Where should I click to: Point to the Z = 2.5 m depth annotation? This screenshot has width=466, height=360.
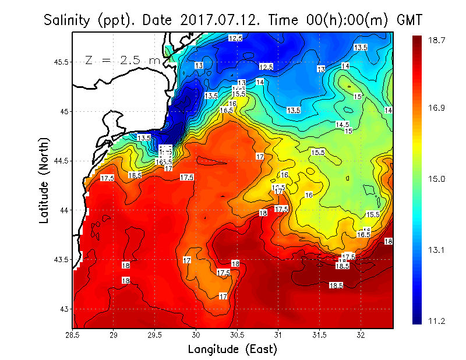(x=122, y=61)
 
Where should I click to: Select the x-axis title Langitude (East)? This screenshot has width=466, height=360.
(x=232, y=349)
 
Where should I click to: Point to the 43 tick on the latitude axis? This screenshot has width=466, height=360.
(x=63, y=309)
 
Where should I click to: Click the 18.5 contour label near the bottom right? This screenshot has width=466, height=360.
(x=336, y=285)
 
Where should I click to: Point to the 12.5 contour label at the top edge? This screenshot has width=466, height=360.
(x=235, y=38)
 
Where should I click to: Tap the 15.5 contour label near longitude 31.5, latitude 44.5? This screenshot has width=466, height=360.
(x=317, y=153)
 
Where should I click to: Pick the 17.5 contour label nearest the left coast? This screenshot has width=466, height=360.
(x=107, y=178)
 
